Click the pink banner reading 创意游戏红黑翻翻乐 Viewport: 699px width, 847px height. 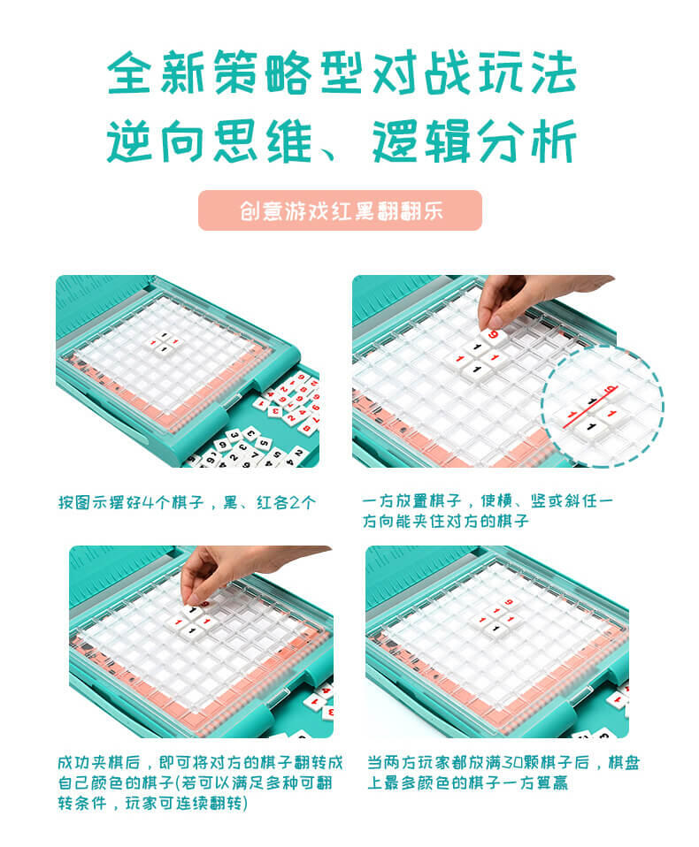340,210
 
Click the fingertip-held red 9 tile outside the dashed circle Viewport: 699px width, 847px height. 494,336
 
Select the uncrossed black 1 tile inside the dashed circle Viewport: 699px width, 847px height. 590,428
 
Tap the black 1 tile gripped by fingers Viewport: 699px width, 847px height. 192,612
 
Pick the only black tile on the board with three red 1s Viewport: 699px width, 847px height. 495,629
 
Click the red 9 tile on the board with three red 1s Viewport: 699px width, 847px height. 509,602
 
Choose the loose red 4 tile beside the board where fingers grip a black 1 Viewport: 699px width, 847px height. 325,691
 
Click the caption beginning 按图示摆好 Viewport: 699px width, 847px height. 187,503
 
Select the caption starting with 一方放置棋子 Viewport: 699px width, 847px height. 488,511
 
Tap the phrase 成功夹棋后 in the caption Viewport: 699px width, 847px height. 98,763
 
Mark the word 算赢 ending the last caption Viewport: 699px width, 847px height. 552,782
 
